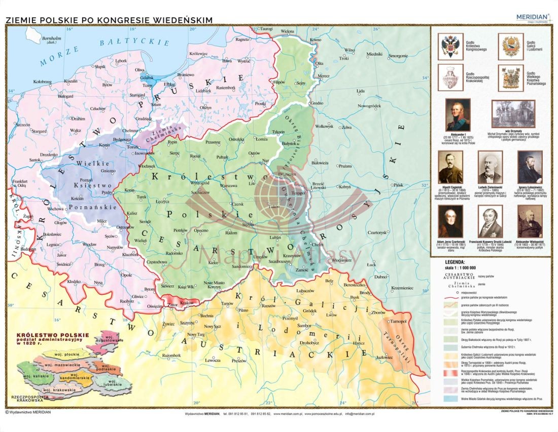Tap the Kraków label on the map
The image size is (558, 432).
click(187, 302)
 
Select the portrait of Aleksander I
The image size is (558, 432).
click(458, 115)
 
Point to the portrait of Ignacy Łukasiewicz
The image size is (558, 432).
click(530, 167)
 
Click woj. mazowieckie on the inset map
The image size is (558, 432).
click(62, 364)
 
